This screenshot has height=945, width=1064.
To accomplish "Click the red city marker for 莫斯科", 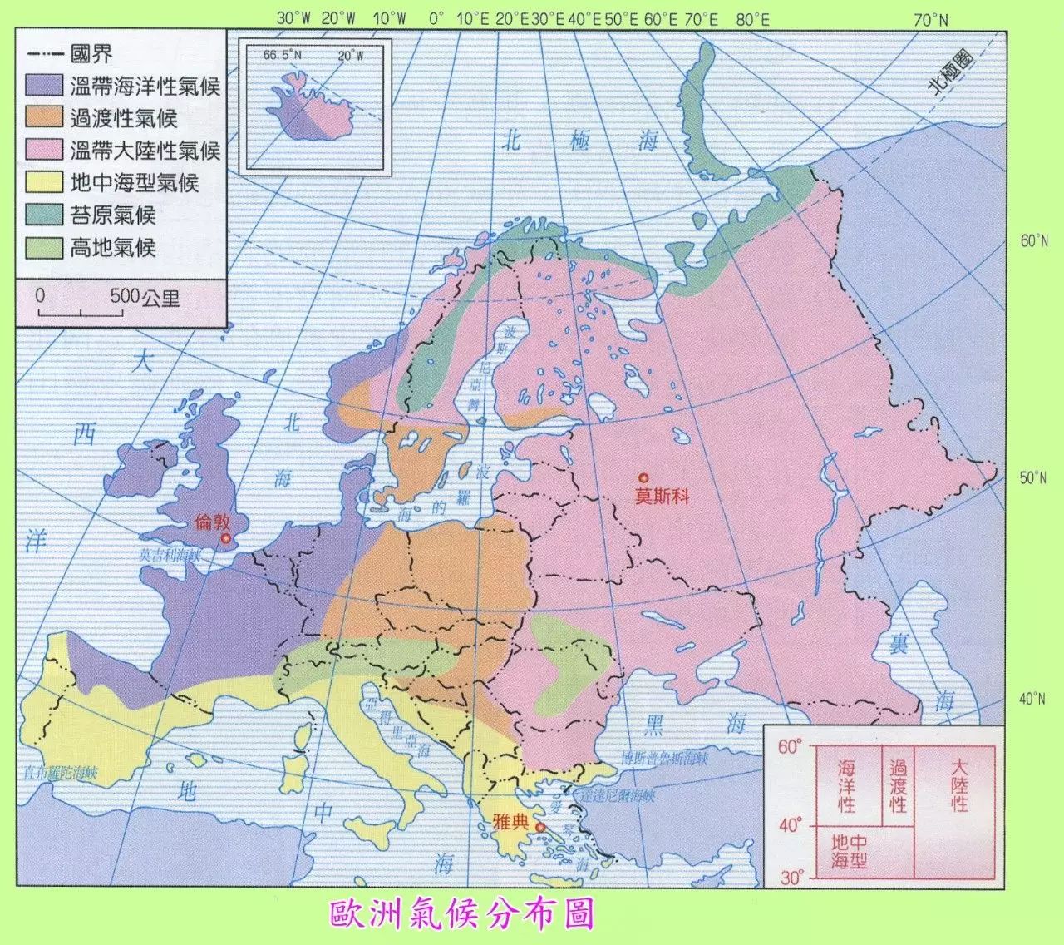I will point(643,478).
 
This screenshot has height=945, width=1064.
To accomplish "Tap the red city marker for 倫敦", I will point(224,540).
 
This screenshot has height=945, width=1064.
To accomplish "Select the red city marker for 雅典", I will point(540,828).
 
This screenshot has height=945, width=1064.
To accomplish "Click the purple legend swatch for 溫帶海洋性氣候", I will point(44,86).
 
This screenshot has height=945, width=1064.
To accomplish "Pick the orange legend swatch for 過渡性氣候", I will point(44,118).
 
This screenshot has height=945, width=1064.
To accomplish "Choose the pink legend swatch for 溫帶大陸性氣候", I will point(44,151).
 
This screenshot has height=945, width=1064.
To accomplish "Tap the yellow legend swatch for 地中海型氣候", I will point(44,183).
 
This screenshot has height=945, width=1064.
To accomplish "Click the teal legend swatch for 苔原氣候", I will point(44,215).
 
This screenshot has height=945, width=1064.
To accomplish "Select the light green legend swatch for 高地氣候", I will point(44,248).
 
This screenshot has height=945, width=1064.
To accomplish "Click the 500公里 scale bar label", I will point(145,297).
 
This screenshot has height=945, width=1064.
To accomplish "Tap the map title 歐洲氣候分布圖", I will point(462,913).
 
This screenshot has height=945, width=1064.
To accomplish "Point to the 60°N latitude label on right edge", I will point(1033,242).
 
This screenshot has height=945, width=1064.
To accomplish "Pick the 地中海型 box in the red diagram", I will point(848,851).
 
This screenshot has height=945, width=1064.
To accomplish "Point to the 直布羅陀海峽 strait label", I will point(62,771).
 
